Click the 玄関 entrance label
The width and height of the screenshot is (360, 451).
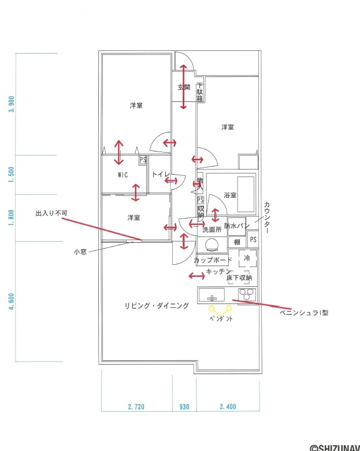tap(183, 87)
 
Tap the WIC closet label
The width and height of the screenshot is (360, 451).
tap(123, 175)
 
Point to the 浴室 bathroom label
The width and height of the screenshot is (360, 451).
tap(230, 195)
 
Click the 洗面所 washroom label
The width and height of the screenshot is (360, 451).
tap(212, 230)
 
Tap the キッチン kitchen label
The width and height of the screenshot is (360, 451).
tap(219, 272)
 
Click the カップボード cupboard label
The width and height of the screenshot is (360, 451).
tap(213, 260)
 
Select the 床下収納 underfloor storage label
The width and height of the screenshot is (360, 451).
tap(239, 278)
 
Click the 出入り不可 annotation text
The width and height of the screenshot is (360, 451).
tap(51, 213)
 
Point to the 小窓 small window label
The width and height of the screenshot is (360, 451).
tap(80, 252)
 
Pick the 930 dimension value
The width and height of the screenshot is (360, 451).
tap(184, 406)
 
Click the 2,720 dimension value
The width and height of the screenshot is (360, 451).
tap(136, 406)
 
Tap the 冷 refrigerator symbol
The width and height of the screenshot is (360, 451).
tap(247, 258)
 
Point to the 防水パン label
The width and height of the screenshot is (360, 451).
tap(236, 226)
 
